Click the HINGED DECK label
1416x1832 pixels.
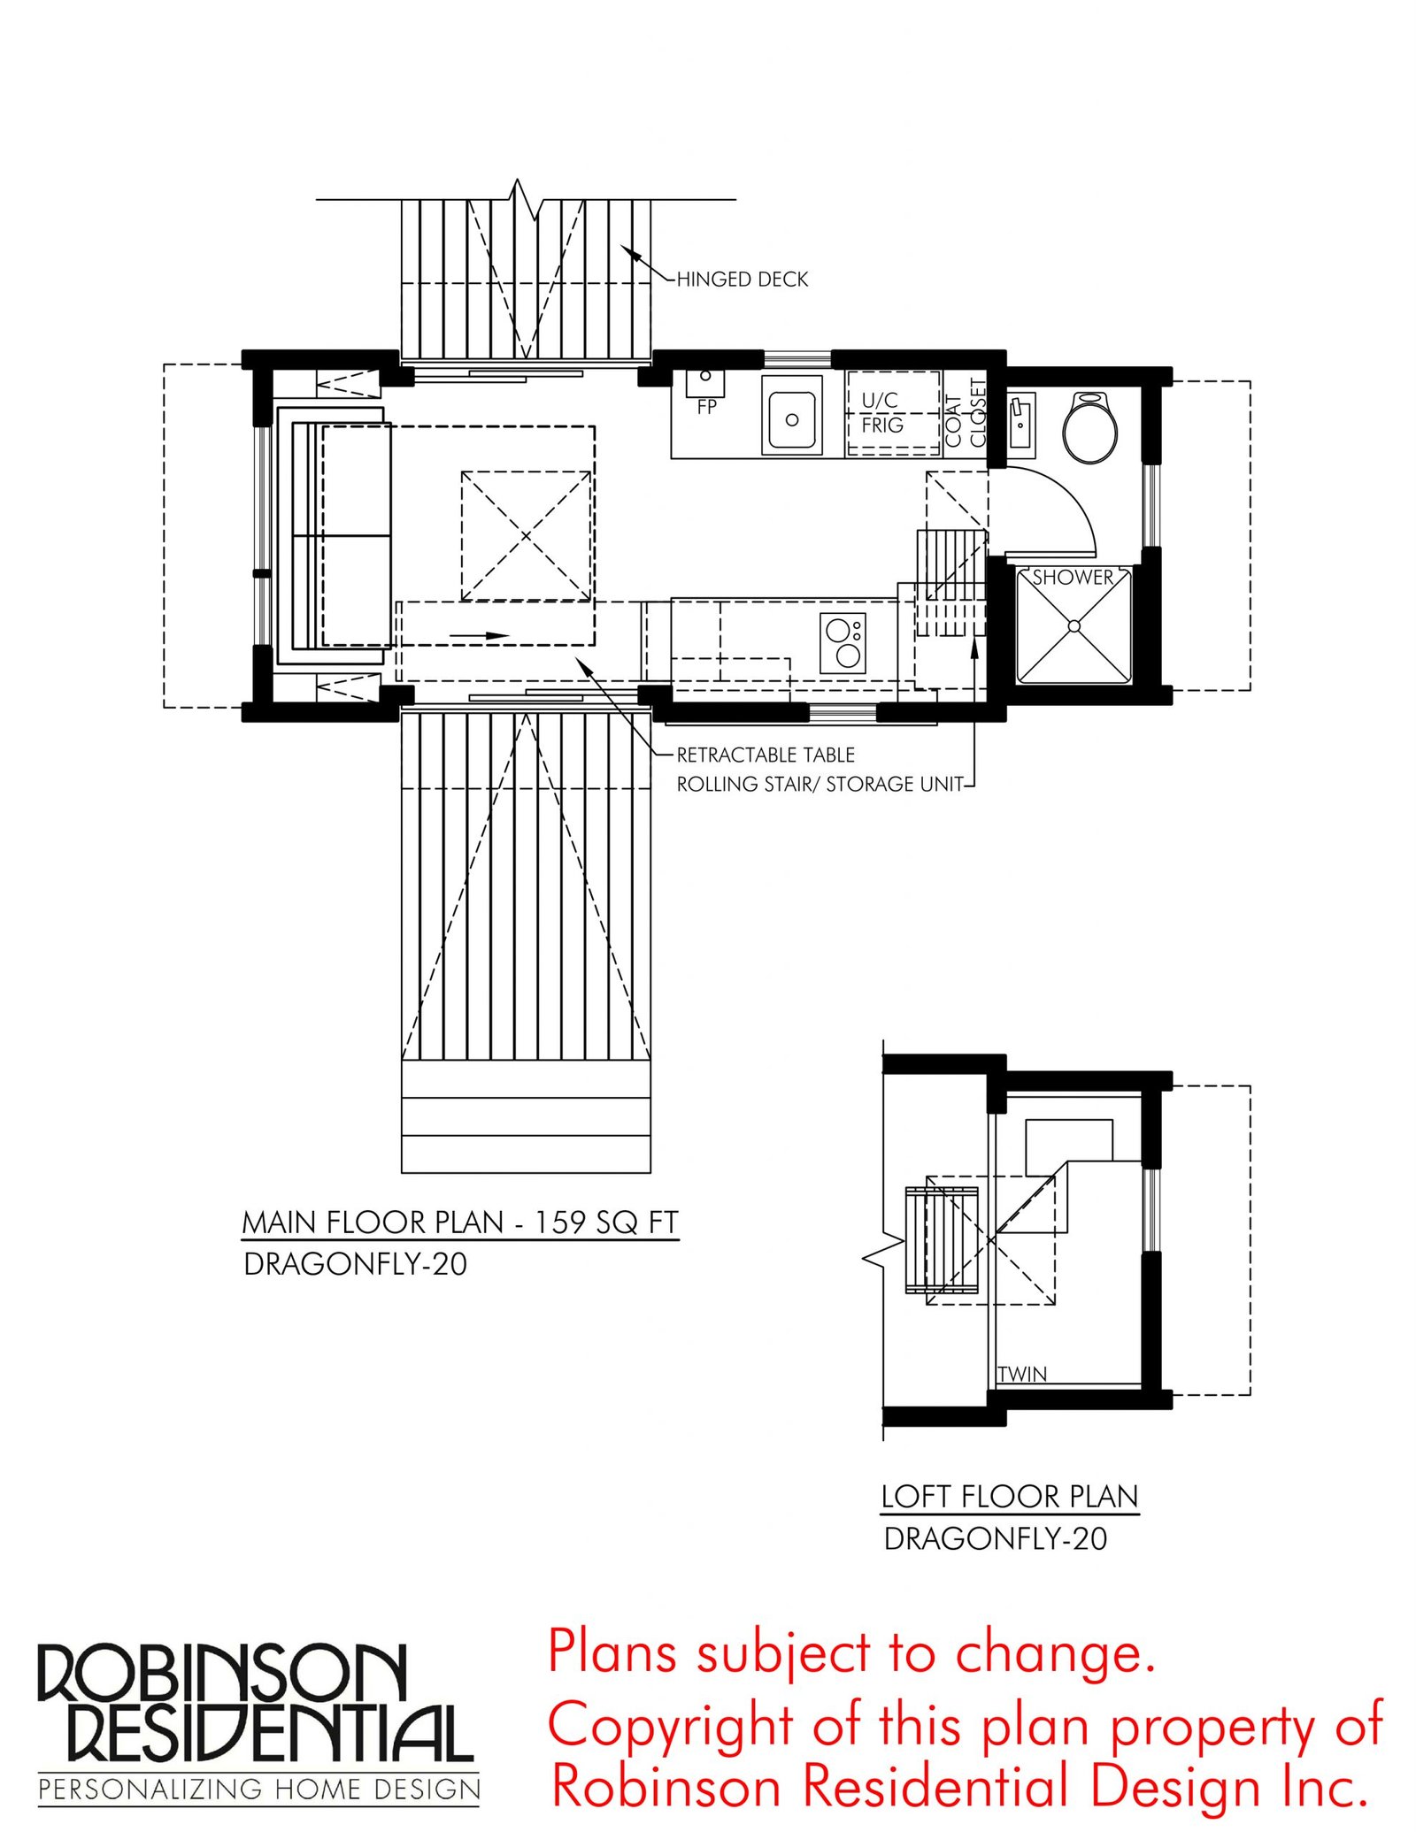pos(742,279)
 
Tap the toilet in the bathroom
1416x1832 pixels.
pos(1089,427)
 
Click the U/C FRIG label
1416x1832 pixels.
pos(881,412)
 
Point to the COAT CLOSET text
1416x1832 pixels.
pos(966,412)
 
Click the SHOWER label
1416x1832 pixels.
pos(1073,578)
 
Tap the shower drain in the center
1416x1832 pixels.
pos(1074,626)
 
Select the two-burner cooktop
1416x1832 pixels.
pos(843,643)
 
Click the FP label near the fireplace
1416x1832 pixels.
pos(706,407)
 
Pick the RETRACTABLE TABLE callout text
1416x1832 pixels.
pos(766,755)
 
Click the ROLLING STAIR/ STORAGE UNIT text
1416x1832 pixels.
pos(820,784)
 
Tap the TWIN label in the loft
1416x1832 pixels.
pos(1022,1374)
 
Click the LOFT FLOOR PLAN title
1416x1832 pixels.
pos(1010,1496)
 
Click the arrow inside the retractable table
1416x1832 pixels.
pos(479,635)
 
